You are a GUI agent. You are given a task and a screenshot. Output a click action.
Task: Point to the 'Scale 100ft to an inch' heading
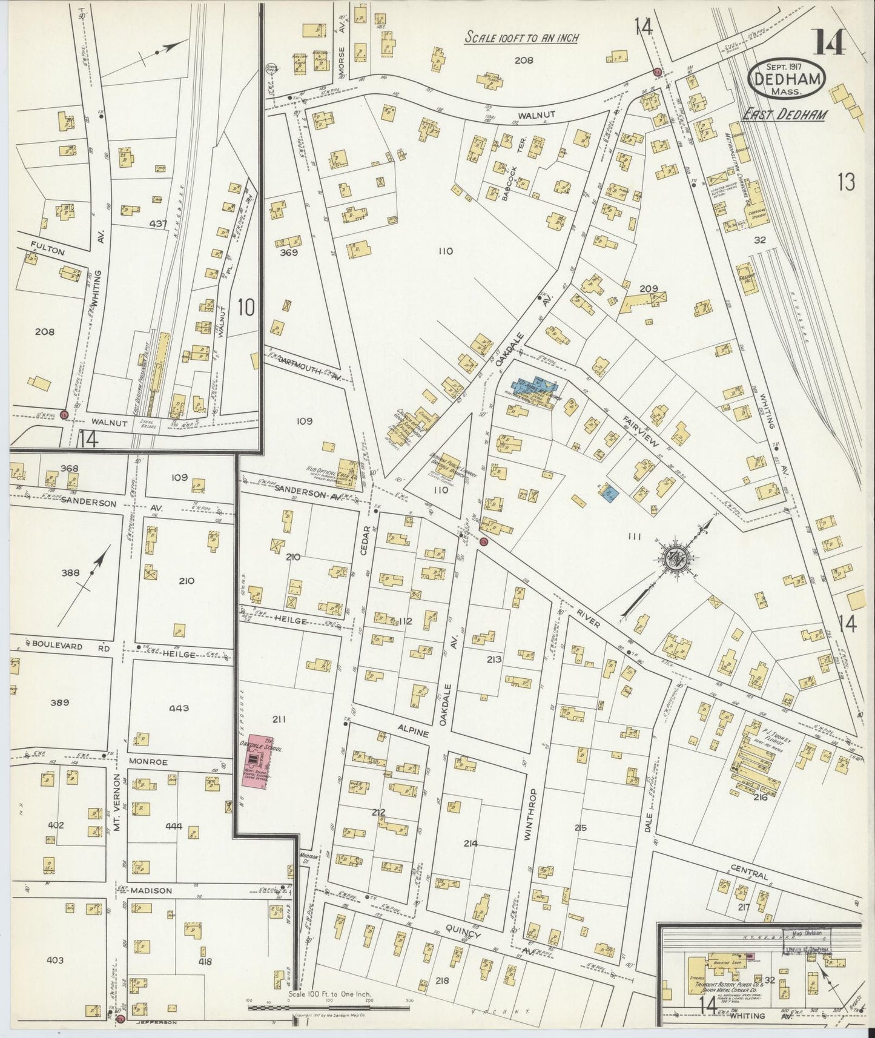point(521,38)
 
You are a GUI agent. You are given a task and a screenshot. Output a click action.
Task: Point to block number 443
point(179,708)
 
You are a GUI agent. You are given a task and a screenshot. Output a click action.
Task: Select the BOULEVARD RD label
point(66,647)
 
